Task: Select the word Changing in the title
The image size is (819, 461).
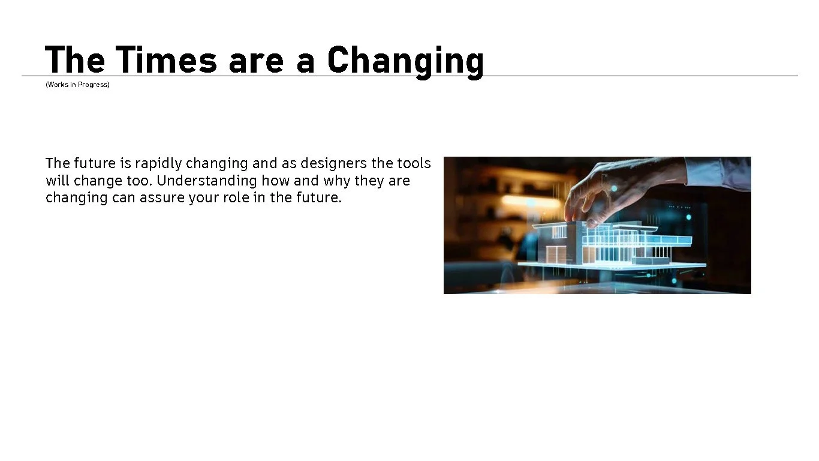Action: pos(405,61)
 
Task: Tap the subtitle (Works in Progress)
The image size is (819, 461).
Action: pos(77,85)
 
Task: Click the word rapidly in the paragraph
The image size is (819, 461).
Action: pos(158,163)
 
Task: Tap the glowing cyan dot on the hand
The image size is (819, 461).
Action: pos(613,188)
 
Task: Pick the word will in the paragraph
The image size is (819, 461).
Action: pos(57,181)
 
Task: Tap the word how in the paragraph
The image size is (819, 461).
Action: pos(275,181)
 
